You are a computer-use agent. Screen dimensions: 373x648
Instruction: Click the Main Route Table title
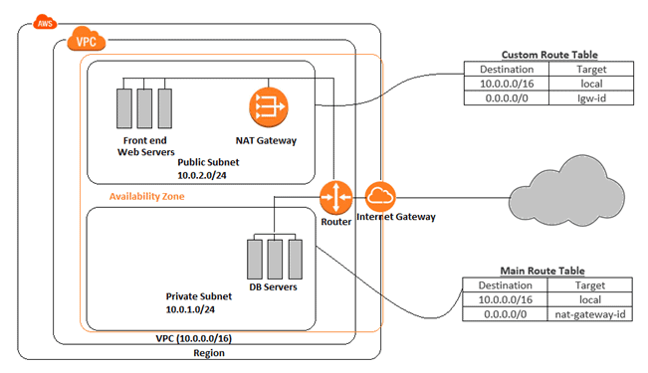(x=544, y=270)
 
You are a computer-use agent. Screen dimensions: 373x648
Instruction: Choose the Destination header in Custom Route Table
(x=506, y=71)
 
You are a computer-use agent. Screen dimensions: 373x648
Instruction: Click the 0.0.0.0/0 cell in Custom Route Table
(x=506, y=100)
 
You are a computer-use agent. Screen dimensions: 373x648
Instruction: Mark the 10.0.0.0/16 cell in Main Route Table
(x=506, y=299)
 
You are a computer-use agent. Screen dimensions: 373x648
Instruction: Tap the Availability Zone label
(x=147, y=196)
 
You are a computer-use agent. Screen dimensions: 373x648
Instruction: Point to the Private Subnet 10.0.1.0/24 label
(x=203, y=302)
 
